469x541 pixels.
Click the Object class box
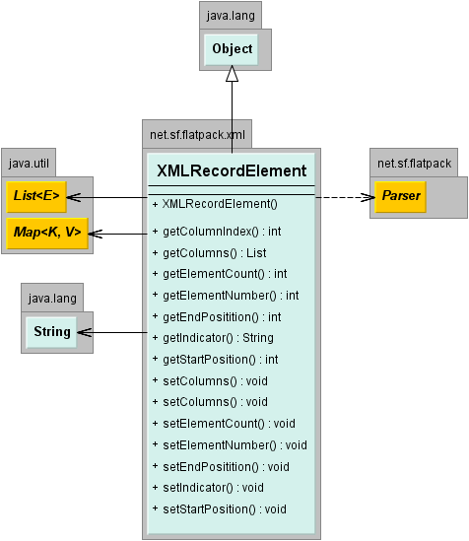click(x=231, y=49)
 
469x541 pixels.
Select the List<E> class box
click(x=36, y=197)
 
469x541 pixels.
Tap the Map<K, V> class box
click(x=47, y=233)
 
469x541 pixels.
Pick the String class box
click(x=51, y=332)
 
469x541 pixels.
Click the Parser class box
click(x=401, y=197)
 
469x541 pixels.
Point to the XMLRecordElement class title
click(x=232, y=170)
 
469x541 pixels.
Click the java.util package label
click(x=29, y=164)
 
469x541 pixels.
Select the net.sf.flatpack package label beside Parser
click(x=414, y=164)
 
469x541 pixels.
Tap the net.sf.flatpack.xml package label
click(x=197, y=135)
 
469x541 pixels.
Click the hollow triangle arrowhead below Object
click(x=233, y=74)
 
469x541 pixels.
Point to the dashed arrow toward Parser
click(x=345, y=197)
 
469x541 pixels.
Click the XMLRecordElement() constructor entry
click(x=215, y=204)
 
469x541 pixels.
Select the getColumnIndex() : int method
click(x=217, y=232)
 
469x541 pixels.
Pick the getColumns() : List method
click(x=209, y=253)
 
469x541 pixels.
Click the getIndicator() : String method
click(x=213, y=338)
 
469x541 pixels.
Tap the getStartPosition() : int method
click(x=215, y=360)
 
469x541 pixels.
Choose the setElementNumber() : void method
click(x=230, y=445)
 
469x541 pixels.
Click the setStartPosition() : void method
click(x=220, y=509)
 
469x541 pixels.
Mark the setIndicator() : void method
click(x=208, y=488)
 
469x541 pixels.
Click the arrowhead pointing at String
click(x=85, y=333)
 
